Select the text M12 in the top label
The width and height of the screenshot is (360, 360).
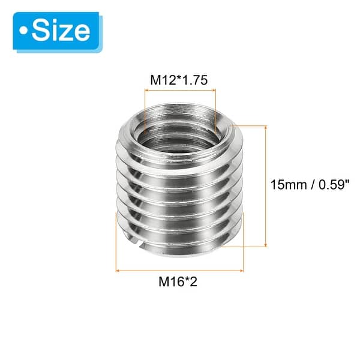click(x=162, y=80)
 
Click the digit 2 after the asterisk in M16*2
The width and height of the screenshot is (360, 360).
click(x=194, y=280)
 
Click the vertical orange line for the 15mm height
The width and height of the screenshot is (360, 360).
click(x=265, y=185)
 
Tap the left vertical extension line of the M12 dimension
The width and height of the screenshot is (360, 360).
click(x=146, y=111)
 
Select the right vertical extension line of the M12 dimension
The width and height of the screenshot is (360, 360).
click(x=214, y=111)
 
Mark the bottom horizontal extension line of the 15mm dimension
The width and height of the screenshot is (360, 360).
click(x=252, y=245)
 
